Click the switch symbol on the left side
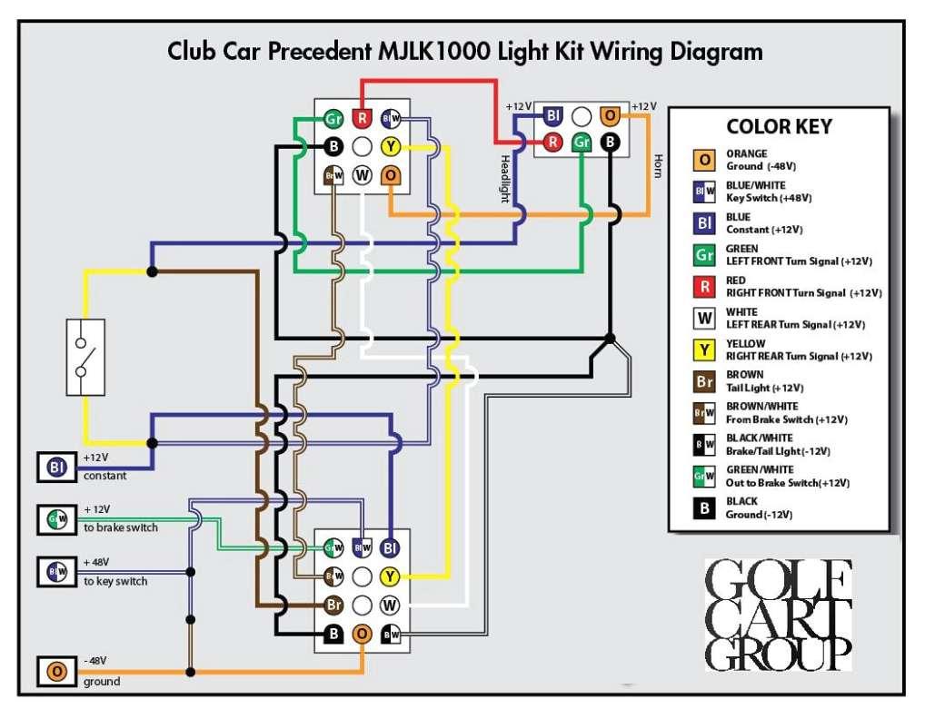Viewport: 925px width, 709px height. pos(85,357)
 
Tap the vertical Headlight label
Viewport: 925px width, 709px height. pos(506,179)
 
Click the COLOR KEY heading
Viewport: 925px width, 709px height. pos(779,127)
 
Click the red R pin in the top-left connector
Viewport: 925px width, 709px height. pos(362,118)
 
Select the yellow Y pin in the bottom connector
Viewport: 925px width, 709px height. pos(390,576)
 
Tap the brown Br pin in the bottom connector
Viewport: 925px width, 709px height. pos(333,604)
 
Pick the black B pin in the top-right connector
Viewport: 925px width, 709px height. pos(611,143)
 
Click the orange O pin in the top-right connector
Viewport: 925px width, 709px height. pos(611,115)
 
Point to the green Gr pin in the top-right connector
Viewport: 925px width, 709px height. pos(582,143)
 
